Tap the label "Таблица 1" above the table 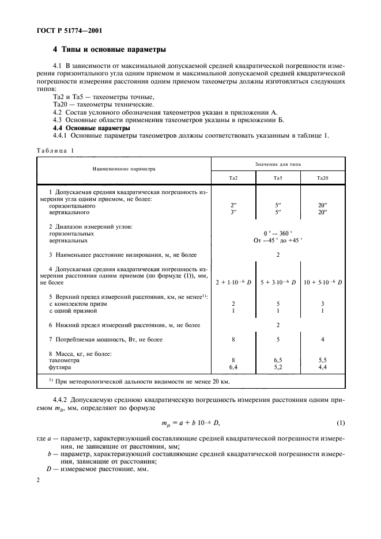pyautogui.click(x=56, y=150)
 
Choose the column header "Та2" pyautogui.click(x=233, y=178)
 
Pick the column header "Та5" pyautogui.click(x=278, y=178)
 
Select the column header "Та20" pyautogui.click(x=322, y=178)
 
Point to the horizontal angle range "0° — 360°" pyautogui.click(x=278, y=234)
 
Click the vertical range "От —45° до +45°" pyautogui.click(x=278, y=241)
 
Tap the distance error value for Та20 pyautogui.click(x=322, y=282)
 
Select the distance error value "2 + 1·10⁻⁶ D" pyautogui.click(x=233, y=282)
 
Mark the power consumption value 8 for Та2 pyautogui.click(x=233, y=340)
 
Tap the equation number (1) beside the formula pyautogui.click(x=341, y=424)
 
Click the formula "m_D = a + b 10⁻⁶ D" pyautogui.click(x=190, y=424)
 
